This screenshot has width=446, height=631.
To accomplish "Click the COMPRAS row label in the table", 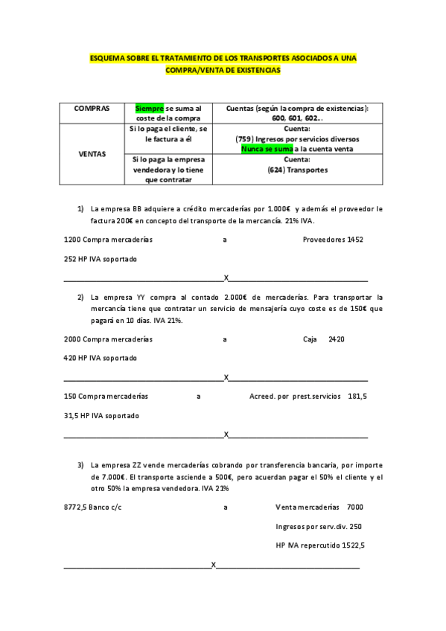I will (x=92, y=109).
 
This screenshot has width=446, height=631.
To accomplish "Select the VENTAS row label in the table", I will (x=92, y=154).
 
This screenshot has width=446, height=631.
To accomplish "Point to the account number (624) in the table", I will (x=275, y=170).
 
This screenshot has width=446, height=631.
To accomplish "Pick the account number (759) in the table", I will (x=243, y=139).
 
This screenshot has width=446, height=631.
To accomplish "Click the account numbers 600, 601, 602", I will (x=297, y=118).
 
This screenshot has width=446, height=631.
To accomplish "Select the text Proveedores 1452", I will (x=332, y=240).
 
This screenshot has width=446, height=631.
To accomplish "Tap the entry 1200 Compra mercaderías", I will (x=108, y=240).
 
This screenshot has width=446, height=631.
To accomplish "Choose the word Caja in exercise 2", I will (x=310, y=339).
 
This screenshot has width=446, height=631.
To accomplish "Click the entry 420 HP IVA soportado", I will (x=101, y=358).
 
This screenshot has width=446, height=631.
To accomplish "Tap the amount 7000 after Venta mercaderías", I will (x=354, y=507).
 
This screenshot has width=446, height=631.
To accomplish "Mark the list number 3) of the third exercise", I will (x=81, y=465).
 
